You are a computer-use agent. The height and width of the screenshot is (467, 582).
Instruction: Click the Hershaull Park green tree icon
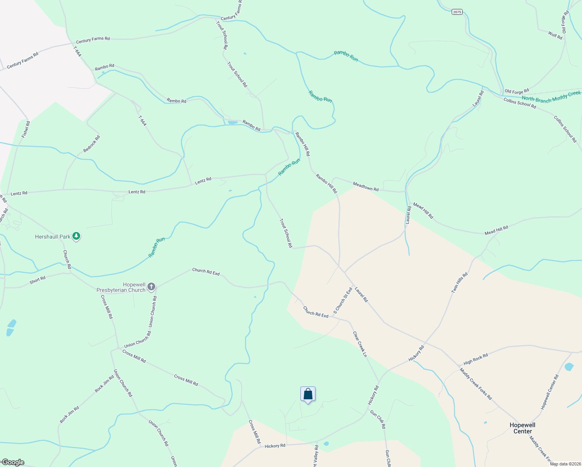[77, 236]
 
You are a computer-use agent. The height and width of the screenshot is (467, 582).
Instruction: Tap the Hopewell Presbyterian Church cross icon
[151, 287]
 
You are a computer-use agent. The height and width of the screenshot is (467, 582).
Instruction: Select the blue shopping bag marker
[308, 394]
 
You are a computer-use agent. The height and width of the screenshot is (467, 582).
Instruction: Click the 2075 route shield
[457, 12]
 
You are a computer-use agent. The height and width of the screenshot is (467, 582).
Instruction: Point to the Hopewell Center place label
[522, 428]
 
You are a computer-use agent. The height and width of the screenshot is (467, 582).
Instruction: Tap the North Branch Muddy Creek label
[551, 97]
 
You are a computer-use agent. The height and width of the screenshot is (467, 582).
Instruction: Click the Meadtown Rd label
[366, 186]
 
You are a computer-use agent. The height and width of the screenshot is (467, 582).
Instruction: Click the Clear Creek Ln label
[360, 344]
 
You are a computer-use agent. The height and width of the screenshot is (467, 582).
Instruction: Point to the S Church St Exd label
[343, 301]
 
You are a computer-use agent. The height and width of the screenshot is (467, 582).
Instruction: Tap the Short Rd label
[38, 280]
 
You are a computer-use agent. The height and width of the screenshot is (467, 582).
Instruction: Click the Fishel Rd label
[26, 129]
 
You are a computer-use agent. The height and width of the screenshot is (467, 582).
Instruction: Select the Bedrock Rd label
[92, 144]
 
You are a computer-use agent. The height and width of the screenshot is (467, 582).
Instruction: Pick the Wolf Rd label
[555, 36]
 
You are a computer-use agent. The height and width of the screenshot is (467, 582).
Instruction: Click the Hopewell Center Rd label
[550, 392]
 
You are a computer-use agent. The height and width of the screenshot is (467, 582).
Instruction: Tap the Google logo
[13, 462]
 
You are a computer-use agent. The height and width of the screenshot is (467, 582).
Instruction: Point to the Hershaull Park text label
[53, 237]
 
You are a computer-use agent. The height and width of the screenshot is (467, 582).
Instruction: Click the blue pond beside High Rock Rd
[569, 367]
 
